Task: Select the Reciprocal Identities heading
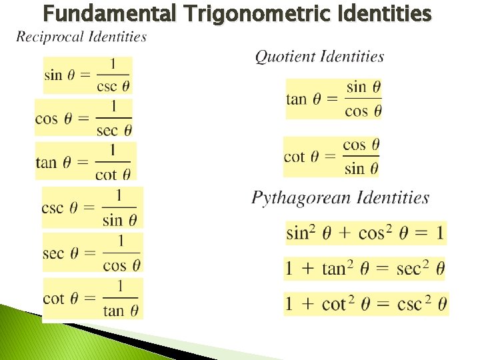[81, 37]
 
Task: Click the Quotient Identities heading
[320, 57]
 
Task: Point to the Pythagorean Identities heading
[341, 197]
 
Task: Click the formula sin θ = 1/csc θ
[87, 75]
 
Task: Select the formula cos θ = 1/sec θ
[84, 118]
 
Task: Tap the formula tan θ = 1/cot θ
[85, 162]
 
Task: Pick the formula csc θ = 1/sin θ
[92, 207]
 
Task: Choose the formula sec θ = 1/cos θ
[93, 253]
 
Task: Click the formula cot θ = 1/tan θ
[92, 299]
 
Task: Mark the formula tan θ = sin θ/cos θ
[334, 99]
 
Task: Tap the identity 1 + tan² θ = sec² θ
[365, 269]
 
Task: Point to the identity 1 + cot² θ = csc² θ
[366, 305]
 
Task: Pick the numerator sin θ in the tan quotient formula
[364, 87]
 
